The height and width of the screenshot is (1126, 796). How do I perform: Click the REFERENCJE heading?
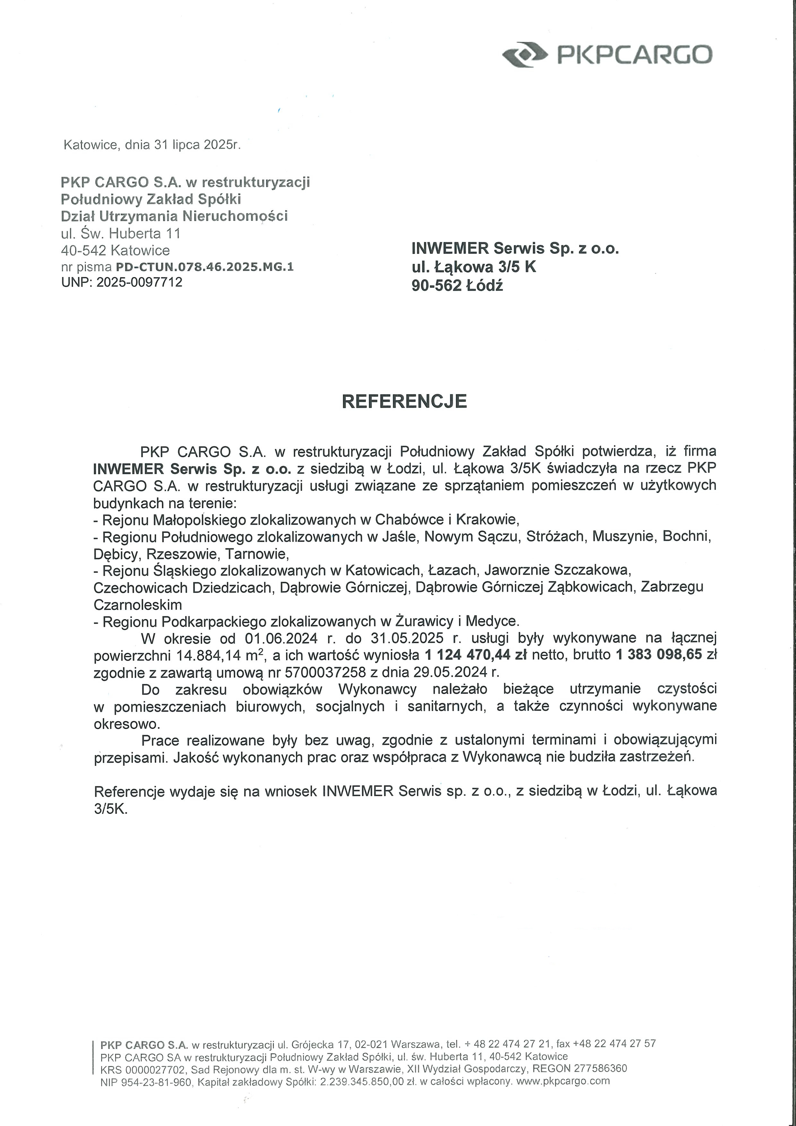[x=404, y=401]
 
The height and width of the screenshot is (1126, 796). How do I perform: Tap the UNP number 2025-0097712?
[x=139, y=282]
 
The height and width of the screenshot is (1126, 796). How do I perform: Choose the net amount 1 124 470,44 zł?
[x=475, y=655]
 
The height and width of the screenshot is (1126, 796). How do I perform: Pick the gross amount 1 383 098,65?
[x=659, y=655]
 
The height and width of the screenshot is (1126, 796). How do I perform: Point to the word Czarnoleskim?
[x=138, y=605]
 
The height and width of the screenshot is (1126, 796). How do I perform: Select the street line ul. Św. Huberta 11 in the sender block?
[x=121, y=233]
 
